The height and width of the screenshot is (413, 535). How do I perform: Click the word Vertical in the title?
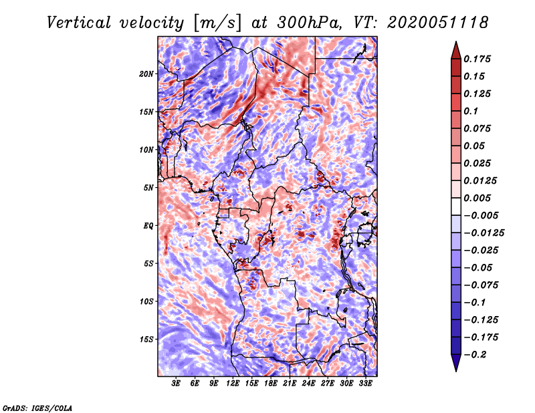click(x=79, y=23)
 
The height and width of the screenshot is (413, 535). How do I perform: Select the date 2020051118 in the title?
click(x=438, y=23)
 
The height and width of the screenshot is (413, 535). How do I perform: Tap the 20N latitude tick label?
click(x=146, y=74)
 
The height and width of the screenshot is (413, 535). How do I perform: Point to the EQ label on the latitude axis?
click(x=148, y=226)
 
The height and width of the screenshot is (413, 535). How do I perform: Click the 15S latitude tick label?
click(x=146, y=339)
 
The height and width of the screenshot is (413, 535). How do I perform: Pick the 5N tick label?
click(x=148, y=188)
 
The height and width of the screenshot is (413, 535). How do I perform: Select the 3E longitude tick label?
click(x=176, y=384)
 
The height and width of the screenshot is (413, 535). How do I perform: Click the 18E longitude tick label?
click(x=270, y=384)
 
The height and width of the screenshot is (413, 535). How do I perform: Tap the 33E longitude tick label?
click(x=365, y=384)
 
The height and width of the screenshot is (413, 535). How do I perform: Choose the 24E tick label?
click(x=308, y=384)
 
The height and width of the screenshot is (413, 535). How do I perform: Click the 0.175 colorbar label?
click(x=477, y=59)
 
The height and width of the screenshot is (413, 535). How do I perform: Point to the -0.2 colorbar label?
click(x=475, y=355)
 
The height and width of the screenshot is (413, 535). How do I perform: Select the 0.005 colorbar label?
click(x=477, y=198)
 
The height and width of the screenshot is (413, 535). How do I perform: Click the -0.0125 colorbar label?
click(x=484, y=233)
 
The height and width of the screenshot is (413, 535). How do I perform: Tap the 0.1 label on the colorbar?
click(x=471, y=111)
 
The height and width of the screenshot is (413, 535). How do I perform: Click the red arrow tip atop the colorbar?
click(x=456, y=42)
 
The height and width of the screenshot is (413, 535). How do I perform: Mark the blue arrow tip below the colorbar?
click(x=456, y=370)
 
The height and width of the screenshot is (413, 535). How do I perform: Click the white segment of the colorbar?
click(x=456, y=206)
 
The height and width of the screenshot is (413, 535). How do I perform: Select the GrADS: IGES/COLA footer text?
click(x=37, y=408)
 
